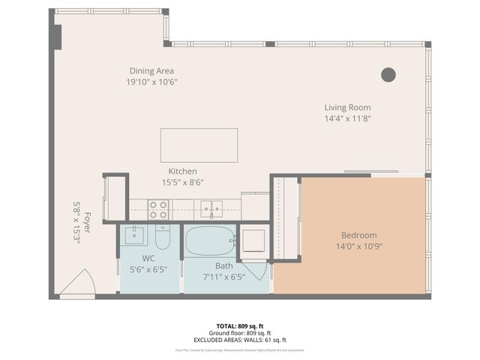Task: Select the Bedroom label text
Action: pyautogui.click(x=358, y=235)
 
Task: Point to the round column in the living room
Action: pyautogui.click(x=388, y=74)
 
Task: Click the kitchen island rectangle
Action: pyautogui.click(x=199, y=145)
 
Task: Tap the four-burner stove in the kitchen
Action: pyautogui.click(x=157, y=209)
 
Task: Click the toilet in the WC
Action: pyautogui.click(x=163, y=237)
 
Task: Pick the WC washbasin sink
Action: pyautogui.click(x=135, y=235)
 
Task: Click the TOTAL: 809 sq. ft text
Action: pyautogui.click(x=240, y=326)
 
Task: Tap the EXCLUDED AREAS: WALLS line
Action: pyautogui.click(x=240, y=340)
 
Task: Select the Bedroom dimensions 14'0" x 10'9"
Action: pyautogui.click(x=358, y=246)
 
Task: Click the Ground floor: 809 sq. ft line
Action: pyautogui.click(x=240, y=333)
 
